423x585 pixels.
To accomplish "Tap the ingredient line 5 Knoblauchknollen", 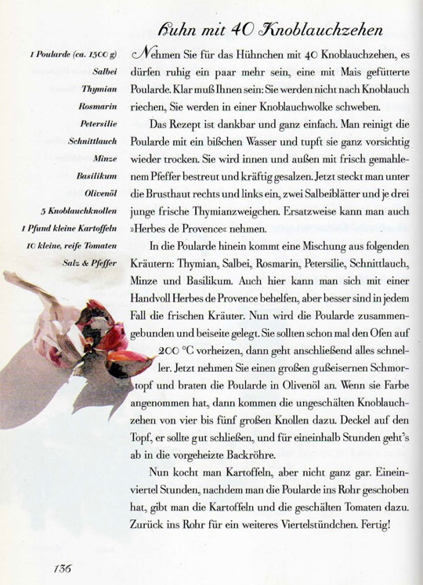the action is (78, 211).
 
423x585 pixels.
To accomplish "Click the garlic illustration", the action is (86, 337).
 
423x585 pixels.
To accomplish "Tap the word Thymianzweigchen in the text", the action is (251, 211).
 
